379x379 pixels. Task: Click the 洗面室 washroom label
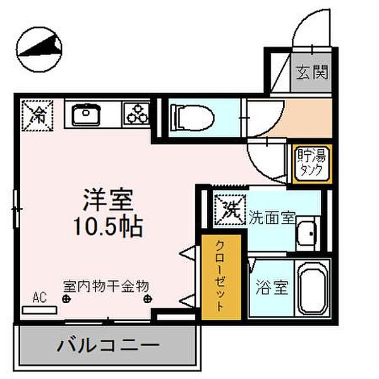click(x=272, y=218)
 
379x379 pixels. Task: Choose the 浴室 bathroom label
click(x=272, y=288)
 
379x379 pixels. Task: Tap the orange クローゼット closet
click(x=220, y=276)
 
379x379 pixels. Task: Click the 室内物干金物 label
click(x=105, y=285)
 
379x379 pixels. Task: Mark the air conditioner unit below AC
click(x=39, y=310)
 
